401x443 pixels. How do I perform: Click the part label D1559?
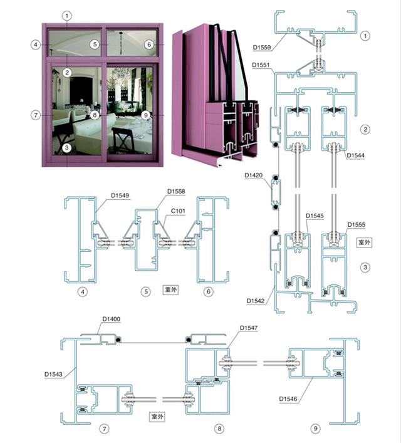(x=262, y=47)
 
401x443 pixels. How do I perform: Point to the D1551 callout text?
(x=261, y=65)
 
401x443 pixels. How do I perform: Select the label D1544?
(x=355, y=155)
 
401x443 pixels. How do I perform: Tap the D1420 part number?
(x=254, y=175)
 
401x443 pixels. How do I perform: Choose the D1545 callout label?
(x=315, y=216)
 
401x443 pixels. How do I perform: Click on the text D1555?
(x=356, y=224)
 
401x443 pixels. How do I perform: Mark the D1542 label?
(x=256, y=301)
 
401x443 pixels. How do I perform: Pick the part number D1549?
(x=120, y=195)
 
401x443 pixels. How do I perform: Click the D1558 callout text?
(x=176, y=191)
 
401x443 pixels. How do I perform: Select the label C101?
(x=178, y=211)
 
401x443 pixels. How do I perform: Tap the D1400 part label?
(x=111, y=319)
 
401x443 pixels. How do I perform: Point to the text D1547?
(x=249, y=328)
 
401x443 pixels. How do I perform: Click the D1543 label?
(x=53, y=374)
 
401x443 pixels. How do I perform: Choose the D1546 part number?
(x=288, y=399)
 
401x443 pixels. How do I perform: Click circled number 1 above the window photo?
(x=67, y=16)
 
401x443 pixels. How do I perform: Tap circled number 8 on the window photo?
(x=95, y=115)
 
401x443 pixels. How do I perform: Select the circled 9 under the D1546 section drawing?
(x=315, y=429)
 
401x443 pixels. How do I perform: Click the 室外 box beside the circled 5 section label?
(x=170, y=289)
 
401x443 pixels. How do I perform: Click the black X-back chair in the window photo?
(x=123, y=140)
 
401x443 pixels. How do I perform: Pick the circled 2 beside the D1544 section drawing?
(x=365, y=130)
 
